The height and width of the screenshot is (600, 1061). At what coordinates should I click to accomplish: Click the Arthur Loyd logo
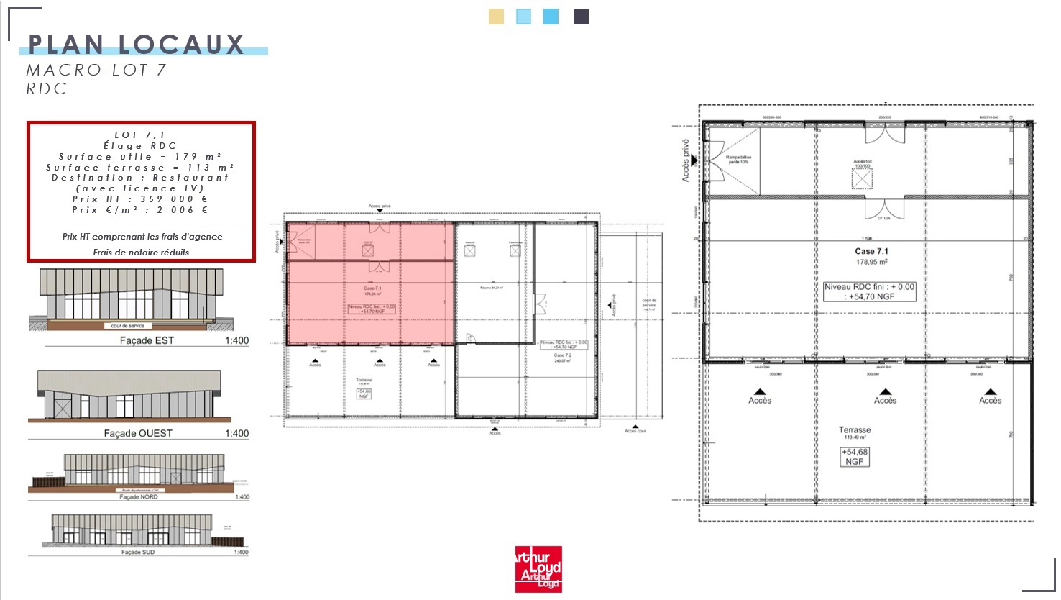[x=538, y=569]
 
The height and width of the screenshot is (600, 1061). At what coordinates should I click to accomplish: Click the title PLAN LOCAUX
[x=137, y=45]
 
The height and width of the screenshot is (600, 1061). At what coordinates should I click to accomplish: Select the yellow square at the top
[x=496, y=17]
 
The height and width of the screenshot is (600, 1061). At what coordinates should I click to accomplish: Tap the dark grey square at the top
[x=581, y=17]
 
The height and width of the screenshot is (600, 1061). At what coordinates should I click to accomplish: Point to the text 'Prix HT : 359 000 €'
[x=140, y=199]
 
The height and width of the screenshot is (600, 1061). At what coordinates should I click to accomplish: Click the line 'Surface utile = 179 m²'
[x=140, y=157]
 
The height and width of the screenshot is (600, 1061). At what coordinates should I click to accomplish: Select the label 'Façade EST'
[x=147, y=340]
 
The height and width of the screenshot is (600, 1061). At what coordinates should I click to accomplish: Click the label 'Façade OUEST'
[x=138, y=433]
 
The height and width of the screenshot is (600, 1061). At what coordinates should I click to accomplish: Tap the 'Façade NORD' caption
[x=139, y=497]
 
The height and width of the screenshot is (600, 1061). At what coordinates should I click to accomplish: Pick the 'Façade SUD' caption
[x=138, y=553]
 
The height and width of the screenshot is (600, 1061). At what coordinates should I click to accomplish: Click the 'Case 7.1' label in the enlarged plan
[x=871, y=251]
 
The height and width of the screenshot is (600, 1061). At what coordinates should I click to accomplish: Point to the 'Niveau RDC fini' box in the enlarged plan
[x=870, y=291]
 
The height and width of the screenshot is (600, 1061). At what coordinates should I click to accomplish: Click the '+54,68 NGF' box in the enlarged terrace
[x=854, y=457]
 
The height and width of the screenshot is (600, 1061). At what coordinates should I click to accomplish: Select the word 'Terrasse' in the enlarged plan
[x=854, y=430]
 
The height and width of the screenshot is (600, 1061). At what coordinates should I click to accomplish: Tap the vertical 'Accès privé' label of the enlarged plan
[x=686, y=160]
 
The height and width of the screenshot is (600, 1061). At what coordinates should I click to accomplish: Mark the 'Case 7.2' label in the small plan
[x=563, y=355]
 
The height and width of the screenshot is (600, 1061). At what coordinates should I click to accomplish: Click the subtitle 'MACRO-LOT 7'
[x=96, y=70]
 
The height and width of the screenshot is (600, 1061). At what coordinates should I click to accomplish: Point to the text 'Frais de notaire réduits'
[x=141, y=253]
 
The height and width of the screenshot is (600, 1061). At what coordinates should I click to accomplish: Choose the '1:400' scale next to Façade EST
[x=236, y=340]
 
